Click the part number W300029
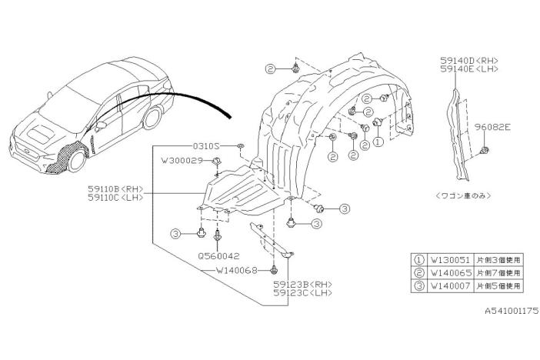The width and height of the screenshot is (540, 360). click(182, 160)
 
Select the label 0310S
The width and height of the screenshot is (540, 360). click(206, 145)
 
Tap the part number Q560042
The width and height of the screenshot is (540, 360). click(218, 256)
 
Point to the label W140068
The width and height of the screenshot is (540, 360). click(237, 271)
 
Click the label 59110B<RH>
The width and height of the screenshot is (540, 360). click(115, 188)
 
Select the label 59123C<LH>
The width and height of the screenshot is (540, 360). click(303, 293)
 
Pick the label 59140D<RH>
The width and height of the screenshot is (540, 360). click(469, 61)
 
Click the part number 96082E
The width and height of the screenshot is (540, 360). click(492, 127)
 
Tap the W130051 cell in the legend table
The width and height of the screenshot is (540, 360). click(451, 259)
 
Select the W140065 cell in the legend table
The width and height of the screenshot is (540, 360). click(451, 273)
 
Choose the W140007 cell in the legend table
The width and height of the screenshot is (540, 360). click(451, 285)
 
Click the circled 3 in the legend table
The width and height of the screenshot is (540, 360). click(419, 286)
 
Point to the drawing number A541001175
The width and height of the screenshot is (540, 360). click(512, 311)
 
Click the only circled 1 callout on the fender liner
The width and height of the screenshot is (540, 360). click(378, 142)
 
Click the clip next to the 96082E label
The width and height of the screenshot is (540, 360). click(485, 150)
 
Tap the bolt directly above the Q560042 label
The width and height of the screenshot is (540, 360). click(218, 235)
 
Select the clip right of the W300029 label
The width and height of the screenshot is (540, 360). click(217, 161)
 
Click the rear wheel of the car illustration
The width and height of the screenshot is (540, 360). click(152, 118)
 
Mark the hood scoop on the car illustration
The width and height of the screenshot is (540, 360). click(41, 134)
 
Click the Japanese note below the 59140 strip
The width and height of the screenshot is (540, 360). click(463, 195)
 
